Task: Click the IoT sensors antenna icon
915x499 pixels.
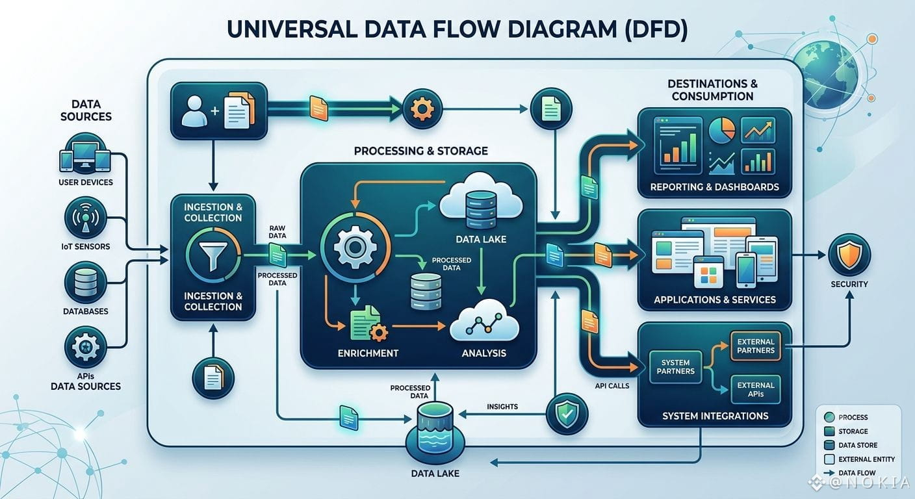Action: tap(86, 218)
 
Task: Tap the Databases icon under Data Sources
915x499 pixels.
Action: tap(86, 283)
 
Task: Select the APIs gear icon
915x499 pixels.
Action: tap(86, 347)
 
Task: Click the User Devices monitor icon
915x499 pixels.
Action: tap(85, 155)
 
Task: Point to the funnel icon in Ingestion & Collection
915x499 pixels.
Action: tap(213, 255)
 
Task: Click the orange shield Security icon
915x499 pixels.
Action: tap(849, 255)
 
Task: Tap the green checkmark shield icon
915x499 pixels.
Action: tap(567, 413)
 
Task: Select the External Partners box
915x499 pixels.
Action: tap(756, 346)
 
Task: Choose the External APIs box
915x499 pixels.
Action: tap(756, 390)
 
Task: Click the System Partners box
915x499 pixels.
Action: tap(676, 366)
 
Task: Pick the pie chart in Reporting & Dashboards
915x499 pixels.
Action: tap(722, 130)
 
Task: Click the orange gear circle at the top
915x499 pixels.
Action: tap(422, 109)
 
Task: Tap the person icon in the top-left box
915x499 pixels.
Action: tap(194, 110)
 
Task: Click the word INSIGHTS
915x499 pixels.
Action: tap(502, 407)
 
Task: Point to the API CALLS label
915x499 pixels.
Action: tap(612, 385)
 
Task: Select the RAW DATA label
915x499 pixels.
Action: tap(277, 232)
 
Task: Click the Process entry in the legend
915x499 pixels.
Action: tap(846, 417)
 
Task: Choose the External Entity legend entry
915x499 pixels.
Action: tap(860, 459)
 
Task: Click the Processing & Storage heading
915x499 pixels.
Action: tap(420, 151)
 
